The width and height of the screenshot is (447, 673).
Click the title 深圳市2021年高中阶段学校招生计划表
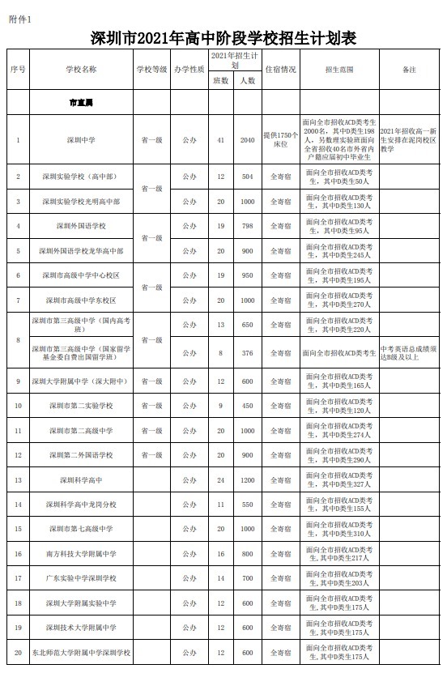pos(223,37)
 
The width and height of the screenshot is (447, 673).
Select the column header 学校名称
pos(81,70)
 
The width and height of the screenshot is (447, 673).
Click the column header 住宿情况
pos(280,70)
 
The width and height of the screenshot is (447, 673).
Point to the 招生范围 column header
pos(338,70)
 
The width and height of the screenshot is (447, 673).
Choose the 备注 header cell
pos(409,70)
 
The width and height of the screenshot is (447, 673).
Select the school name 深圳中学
pos(81,140)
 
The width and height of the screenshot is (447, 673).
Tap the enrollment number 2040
pos(247,140)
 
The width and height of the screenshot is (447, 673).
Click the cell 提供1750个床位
pos(280,140)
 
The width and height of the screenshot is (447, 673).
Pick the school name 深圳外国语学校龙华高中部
pos(81,251)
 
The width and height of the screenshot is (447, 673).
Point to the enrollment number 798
pos(247,226)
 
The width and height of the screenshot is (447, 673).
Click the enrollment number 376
pos(247,352)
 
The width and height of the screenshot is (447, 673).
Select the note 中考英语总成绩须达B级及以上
pos(409,352)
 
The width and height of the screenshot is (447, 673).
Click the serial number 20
pos(18,652)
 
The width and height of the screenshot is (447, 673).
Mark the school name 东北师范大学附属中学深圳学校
pos(81,652)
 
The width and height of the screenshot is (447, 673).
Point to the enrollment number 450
pos(247,406)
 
